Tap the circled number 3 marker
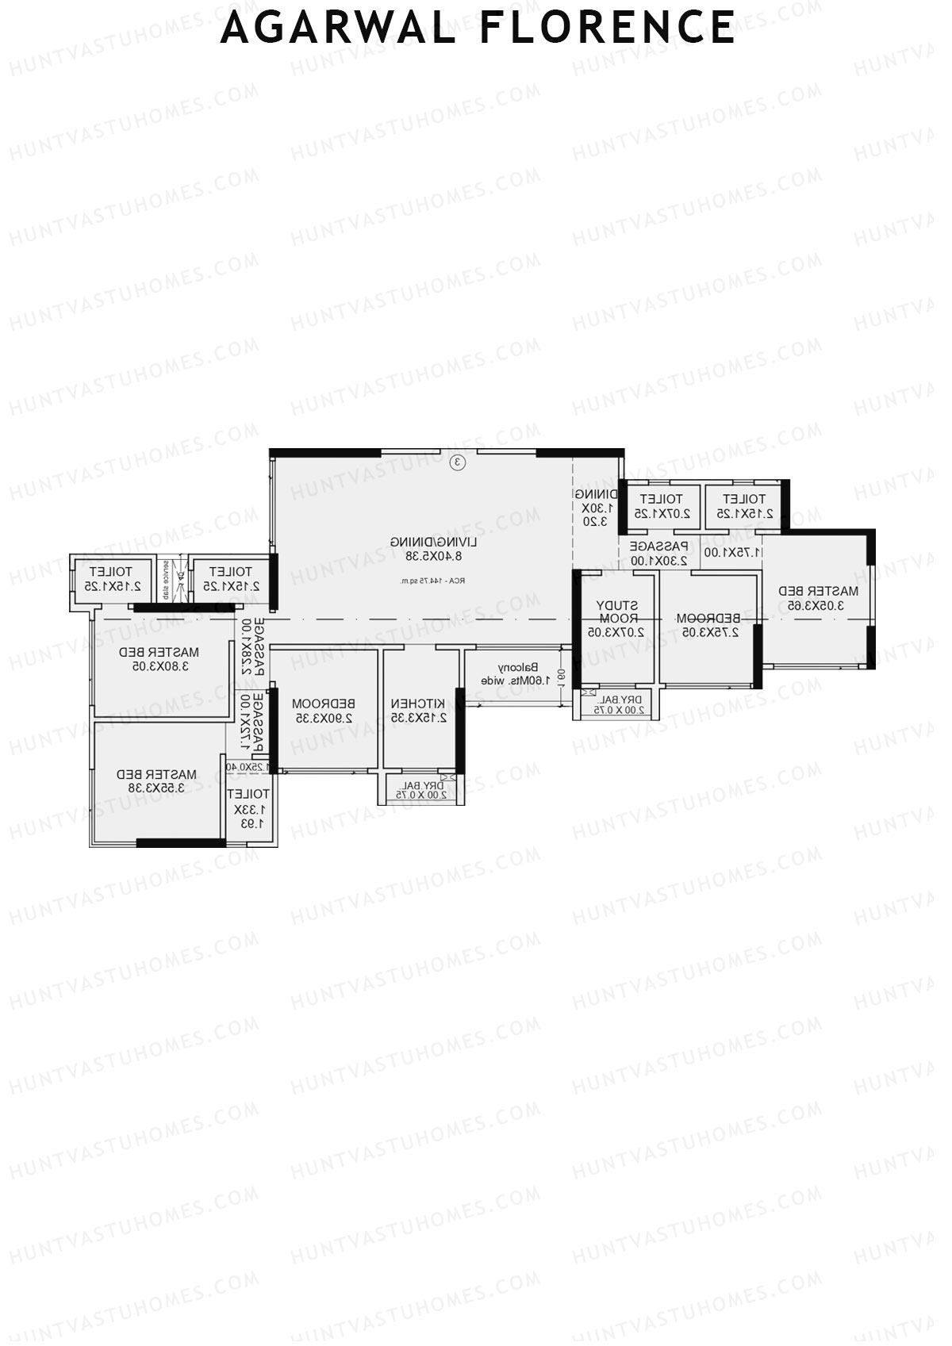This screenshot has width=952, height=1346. tap(457, 462)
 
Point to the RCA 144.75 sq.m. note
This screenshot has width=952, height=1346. tap(433, 581)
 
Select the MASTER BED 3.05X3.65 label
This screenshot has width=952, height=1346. tap(818, 598)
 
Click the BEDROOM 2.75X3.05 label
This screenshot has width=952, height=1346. tap(708, 625)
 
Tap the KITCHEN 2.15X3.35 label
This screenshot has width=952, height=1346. tap(419, 711)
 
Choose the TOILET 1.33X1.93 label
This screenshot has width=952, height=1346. tap(249, 809)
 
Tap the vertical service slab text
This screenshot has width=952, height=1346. tap(165, 580)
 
